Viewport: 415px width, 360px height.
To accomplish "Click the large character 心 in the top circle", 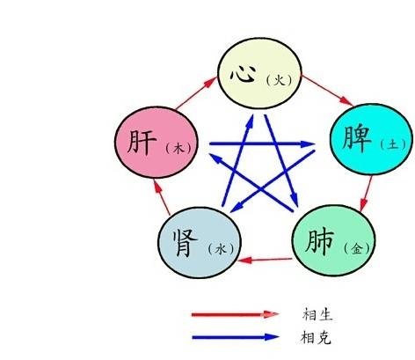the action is click(x=243, y=73).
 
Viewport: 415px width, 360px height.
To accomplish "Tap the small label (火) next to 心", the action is click(x=280, y=80).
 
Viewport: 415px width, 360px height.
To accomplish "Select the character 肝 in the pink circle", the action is click(x=142, y=142).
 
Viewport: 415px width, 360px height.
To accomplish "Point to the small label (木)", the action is click(x=178, y=148).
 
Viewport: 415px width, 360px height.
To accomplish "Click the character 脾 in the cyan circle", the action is click(x=357, y=139).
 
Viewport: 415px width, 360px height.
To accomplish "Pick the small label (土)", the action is click(x=393, y=144).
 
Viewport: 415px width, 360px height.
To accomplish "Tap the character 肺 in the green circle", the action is click(x=319, y=241).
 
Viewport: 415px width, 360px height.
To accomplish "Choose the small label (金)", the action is click(x=357, y=249).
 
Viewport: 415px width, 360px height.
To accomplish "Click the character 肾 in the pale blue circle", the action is click(x=185, y=243).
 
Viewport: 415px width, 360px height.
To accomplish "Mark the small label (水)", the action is click(x=221, y=249).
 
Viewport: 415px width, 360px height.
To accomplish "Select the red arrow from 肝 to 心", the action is click(x=196, y=93).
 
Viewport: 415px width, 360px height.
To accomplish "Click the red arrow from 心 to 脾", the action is click(x=327, y=91).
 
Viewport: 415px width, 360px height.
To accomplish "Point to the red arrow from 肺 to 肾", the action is click(x=266, y=260).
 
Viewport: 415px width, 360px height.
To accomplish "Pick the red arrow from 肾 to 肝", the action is click(x=162, y=197).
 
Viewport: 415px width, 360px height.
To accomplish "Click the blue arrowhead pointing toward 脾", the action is click(x=308, y=143).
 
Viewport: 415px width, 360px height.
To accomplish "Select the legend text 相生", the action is click(x=317, y=314).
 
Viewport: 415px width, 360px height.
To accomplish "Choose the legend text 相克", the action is click(x=317, y=337).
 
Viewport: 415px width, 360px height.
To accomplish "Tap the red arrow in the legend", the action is click(x=235, y=314).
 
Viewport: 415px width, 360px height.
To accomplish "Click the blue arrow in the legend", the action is click(x=235, y=337).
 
